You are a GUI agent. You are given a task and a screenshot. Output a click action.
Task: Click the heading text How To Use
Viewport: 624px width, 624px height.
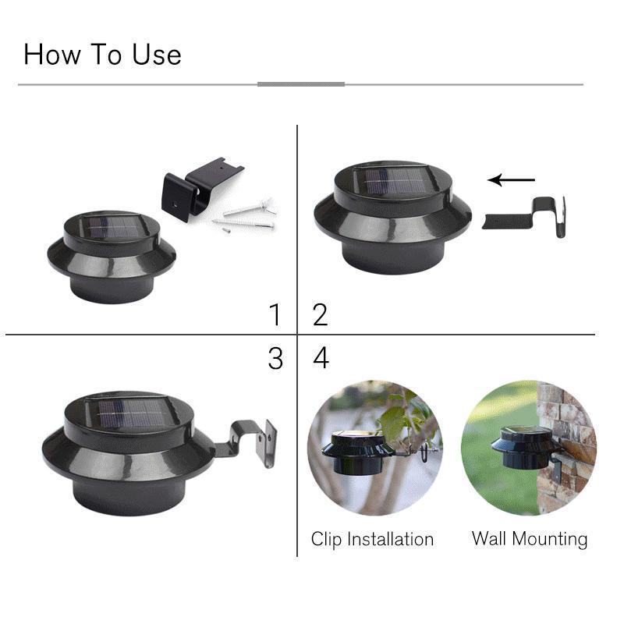point(102,55)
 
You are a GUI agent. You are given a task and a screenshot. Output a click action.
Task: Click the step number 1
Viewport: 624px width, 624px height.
point(274,315)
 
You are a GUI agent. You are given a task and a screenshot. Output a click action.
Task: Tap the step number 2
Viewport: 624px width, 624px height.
point(320,315)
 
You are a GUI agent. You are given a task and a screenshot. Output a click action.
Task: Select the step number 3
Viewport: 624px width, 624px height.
point(275,358)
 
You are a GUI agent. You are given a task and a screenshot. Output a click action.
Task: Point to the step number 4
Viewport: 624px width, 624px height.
point(321,358)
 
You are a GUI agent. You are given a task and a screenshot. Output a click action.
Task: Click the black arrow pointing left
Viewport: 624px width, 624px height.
point(511,180)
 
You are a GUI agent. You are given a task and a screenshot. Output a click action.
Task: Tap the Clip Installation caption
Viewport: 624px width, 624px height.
point(372,539)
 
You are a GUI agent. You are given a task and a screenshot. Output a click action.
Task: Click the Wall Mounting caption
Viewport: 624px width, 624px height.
point(529,539)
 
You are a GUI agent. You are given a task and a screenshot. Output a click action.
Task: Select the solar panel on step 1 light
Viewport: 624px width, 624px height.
point(112,228)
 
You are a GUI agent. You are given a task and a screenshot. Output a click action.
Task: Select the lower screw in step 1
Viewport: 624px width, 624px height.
point(243,225)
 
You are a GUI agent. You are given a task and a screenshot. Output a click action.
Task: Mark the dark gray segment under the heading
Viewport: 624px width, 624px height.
point(301,84)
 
